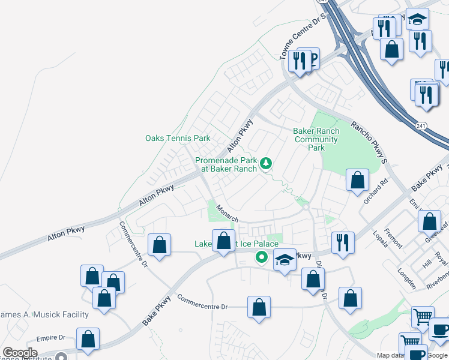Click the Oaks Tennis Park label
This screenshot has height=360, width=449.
pos(178,138)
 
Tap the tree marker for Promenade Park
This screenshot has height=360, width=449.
pos(265,163)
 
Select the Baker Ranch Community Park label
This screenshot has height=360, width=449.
pos(316,139)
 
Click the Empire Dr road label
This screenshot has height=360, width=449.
pos(50,338)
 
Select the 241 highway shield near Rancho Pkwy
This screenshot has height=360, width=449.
pos(421,125)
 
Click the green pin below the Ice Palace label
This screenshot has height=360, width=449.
pos(261,257)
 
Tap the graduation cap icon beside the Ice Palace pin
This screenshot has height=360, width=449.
pos(285,260)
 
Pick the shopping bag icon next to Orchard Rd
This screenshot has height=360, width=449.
pos(358,179)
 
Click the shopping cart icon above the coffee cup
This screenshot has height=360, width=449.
pos(423,316)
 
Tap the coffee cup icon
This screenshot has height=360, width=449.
pos(441,329)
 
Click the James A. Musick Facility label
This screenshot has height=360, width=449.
pos(44,314)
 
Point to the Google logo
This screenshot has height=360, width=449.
pos(20,353)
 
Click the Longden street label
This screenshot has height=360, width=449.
pos(406,278)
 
